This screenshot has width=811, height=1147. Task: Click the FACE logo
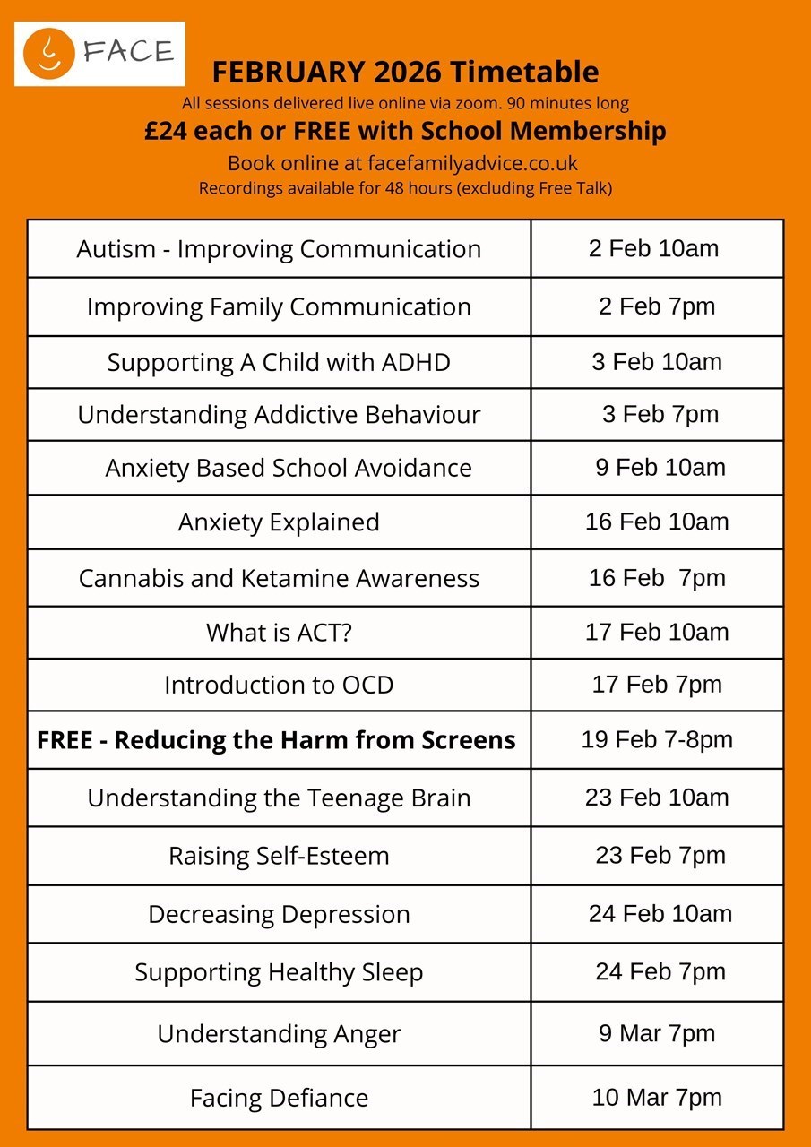99,53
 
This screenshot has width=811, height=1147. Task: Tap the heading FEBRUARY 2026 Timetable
405,72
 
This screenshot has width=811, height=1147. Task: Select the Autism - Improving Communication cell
279,249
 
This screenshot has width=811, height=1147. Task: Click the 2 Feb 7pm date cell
657,306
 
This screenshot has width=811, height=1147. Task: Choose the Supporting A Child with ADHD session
279,363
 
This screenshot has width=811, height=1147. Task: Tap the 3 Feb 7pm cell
660,414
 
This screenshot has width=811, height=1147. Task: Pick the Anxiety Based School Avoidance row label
289,468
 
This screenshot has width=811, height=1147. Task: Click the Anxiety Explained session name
279,522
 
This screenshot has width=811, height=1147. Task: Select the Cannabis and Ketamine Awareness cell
279,578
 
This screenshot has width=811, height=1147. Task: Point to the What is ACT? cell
279,633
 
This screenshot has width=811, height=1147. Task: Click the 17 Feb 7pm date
657,685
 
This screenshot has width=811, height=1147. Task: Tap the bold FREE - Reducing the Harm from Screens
276,740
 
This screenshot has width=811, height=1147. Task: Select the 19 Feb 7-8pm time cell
657,739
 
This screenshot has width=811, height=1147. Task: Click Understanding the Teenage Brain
279,798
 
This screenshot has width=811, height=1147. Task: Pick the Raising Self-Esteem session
279,856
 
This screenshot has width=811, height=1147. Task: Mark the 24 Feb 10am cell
660,914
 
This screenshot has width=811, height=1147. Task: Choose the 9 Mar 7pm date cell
657,1033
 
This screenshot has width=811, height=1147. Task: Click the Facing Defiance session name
279,1098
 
